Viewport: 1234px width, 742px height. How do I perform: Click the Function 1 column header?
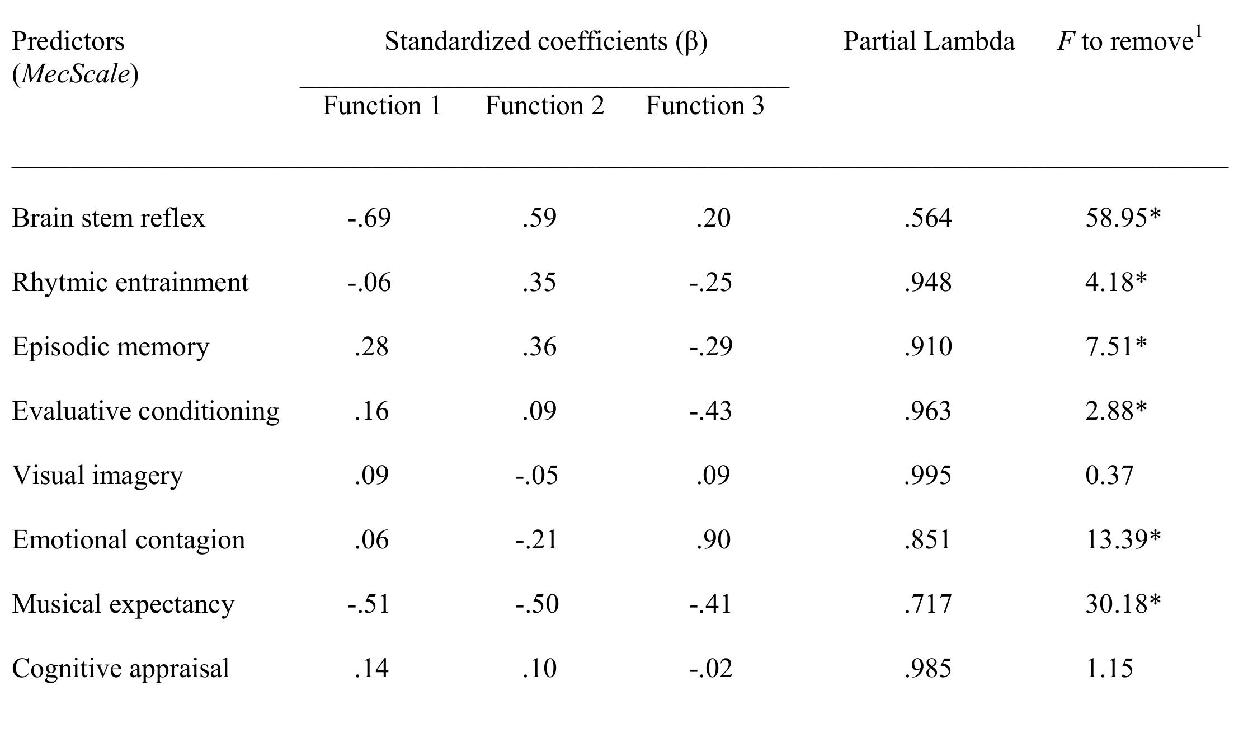point(382,105)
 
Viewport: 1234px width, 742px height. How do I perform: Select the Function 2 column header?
point(544,105)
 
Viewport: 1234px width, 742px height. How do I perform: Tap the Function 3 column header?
point(705,105)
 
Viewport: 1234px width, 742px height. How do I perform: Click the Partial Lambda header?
point(929,41)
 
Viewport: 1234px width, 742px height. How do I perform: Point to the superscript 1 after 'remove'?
point(1198,32)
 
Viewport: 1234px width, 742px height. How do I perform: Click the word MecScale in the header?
point(76,74)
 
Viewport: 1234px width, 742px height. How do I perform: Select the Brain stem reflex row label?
point(109,218)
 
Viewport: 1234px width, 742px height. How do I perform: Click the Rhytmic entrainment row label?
point(130,283)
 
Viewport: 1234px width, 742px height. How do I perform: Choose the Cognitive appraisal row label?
point(121,669)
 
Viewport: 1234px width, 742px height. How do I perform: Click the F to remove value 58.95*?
point(1123,218)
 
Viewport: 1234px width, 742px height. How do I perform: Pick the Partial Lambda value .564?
point(927,218)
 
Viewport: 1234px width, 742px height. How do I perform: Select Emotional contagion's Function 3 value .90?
point(713,540)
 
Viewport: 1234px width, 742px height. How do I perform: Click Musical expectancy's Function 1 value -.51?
point(369,604)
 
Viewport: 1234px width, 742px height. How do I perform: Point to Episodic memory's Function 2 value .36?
point(539,347)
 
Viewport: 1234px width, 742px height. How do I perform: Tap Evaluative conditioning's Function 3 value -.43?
point(710,411)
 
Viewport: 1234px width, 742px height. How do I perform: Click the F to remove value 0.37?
point(1109,476)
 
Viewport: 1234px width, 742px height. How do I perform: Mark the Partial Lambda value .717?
point(927,604)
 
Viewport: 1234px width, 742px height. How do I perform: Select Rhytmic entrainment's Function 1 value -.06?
point(369,283)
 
